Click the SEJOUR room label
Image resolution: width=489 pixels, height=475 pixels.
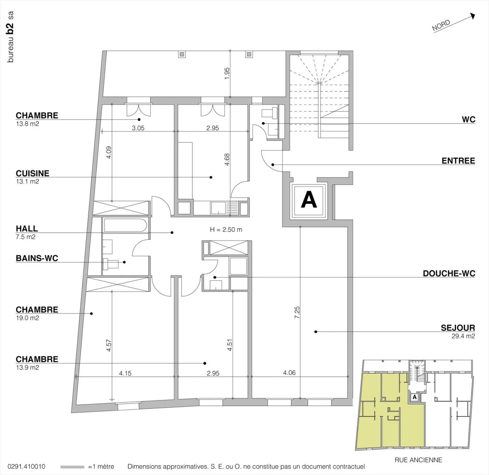coord(458,328)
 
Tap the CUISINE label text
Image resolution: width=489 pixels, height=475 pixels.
coord(32,173)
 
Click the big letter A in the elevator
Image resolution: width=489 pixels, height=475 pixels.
coord(309,200)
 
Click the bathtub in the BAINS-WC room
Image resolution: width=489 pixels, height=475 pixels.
coord(125,225)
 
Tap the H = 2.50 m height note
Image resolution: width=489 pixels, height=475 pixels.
coord(226,229)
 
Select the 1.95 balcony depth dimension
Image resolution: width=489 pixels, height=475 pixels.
coord(227,73)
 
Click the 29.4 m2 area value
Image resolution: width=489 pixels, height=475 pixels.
coord(463,336)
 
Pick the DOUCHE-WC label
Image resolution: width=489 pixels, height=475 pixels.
coord(449,273)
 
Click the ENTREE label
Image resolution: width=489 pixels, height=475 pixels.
coord(458,161)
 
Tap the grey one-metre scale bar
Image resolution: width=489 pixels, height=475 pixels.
coord(72,467)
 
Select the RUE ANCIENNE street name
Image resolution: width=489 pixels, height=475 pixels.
coord(418,460)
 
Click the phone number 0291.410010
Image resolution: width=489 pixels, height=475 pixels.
coord(26,467)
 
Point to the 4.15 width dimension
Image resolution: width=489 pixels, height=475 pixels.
coord(125,373)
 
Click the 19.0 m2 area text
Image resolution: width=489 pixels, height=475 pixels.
coord(28,318)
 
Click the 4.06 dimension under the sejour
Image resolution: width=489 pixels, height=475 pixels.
coord(289,373)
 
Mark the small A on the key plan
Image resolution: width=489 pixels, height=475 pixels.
coord(415,397)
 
